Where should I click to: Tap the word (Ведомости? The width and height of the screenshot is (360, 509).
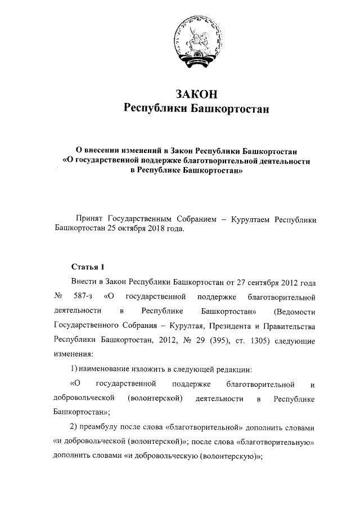point(294,310)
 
